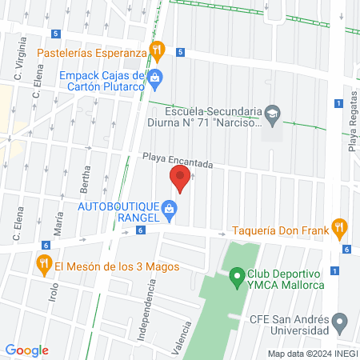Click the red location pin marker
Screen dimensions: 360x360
coord(179,178)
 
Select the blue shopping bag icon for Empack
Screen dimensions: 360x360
coord(156,78)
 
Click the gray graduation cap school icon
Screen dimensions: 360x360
coord(272,113)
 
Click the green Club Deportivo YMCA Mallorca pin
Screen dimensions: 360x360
coord(236,278)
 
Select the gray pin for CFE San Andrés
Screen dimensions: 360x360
coord(340,323)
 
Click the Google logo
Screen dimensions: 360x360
coord(27,350)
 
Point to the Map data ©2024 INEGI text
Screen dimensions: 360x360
coord(311,354)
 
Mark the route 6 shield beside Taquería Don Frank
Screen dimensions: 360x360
coord(346,250)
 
